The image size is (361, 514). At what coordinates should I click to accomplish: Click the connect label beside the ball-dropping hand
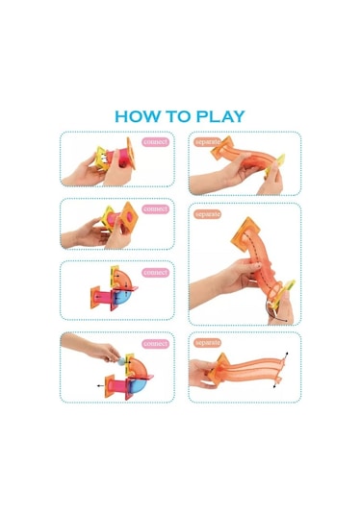pos(156,344)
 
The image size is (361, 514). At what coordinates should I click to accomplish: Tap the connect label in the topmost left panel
pos(156,142)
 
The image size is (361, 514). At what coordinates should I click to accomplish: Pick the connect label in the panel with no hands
pos(156,273)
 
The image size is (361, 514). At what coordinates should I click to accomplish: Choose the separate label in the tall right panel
pos(208,214)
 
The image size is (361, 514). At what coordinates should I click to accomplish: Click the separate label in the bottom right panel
pos(208,343)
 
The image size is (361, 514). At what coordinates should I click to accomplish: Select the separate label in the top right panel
pos(208,142)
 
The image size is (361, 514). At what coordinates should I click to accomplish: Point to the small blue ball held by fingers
pos(122,361)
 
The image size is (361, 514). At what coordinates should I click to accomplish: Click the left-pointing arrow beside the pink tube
pos(101,385)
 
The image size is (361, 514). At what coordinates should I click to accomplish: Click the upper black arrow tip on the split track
pos(287,354)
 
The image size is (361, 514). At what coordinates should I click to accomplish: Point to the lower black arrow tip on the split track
pos(274,387)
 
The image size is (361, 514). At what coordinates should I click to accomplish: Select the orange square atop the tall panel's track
pos(244,235)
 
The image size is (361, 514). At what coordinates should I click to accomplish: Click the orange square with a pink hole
pos(129,217)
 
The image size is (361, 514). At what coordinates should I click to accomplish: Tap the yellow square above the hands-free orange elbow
pos(115,276)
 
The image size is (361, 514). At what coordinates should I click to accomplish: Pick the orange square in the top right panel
pos(222,148)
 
